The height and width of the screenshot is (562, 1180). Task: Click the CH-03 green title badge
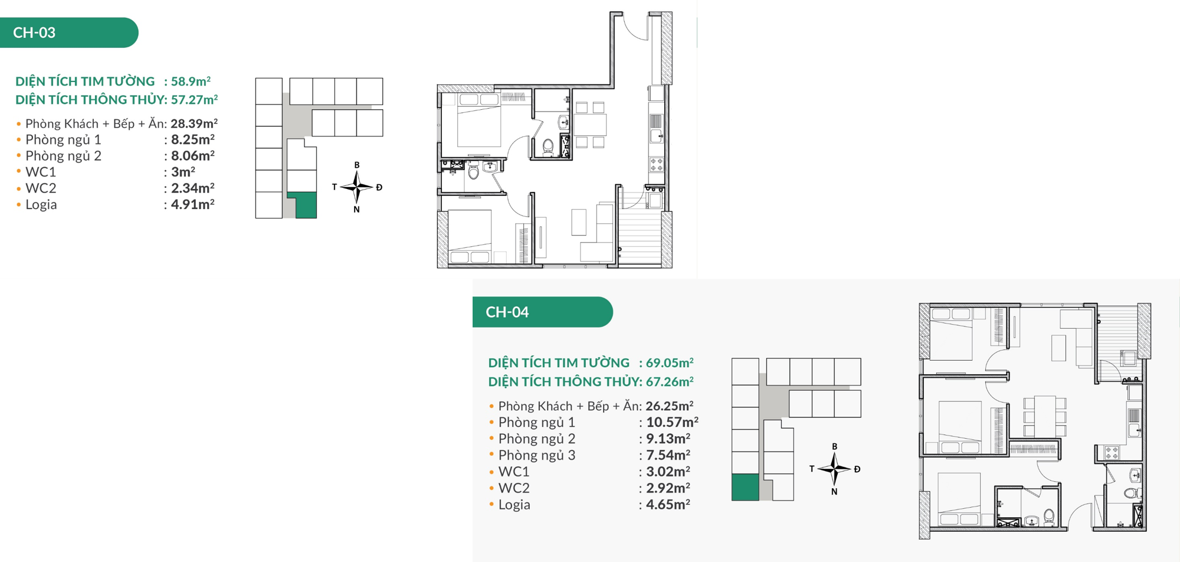point(69,32)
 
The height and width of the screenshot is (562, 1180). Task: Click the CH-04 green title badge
point(542,312)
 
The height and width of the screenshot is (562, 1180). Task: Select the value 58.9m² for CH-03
point(191,81)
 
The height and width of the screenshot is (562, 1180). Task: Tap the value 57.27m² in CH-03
point(194,100)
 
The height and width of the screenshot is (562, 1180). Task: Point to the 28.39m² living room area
point(194,124)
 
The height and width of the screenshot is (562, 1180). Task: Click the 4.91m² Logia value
point(192,205)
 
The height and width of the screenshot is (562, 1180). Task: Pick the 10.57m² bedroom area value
point(672,423)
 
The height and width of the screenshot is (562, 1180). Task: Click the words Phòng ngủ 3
point(536,456)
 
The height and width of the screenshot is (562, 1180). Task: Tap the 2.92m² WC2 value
point(668,488)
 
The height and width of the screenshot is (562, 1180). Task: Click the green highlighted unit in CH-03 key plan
point(306,205)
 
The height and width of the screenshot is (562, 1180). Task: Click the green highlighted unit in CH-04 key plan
point(745,487)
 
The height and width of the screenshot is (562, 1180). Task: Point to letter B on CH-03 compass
point(356,165)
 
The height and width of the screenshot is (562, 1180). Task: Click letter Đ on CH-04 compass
point(857,469)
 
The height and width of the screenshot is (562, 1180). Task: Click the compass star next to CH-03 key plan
point(356,187)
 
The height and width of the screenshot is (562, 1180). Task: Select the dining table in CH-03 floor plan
point(590,125)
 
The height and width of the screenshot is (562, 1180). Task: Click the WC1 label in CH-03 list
point(41,172)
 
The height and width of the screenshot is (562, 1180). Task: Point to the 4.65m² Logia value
point(668,505)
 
